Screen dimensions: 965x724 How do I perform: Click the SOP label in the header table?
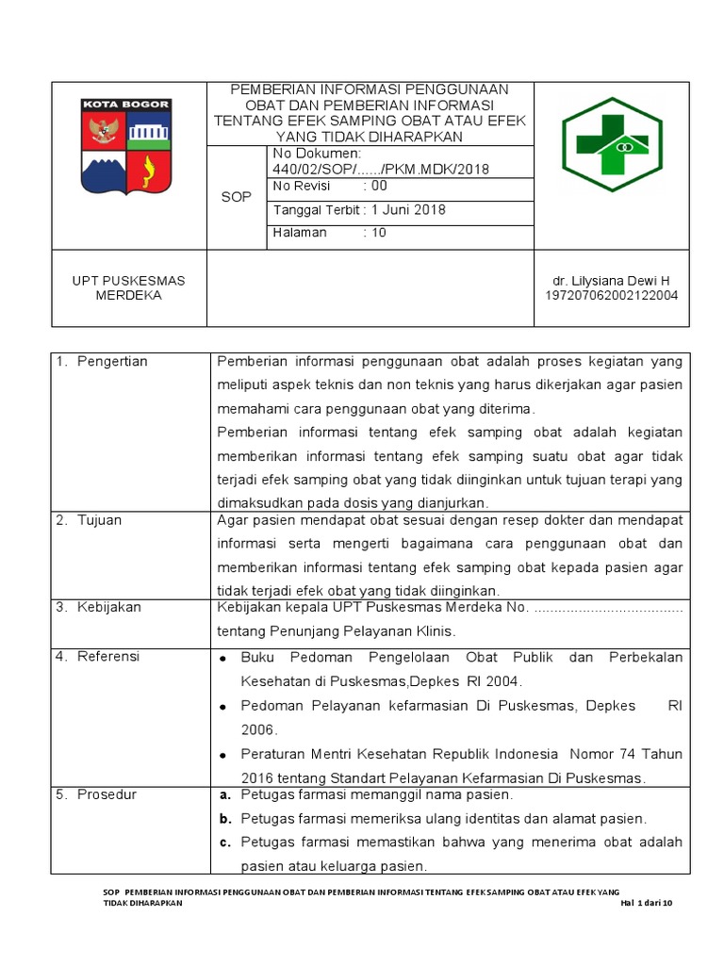click(x=236, y=197)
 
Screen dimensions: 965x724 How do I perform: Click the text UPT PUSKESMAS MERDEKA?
click(x=129, y=287)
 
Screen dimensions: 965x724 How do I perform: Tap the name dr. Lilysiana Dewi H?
click(x=611, y=281)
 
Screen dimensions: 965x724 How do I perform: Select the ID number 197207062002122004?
click(x=611, y=295)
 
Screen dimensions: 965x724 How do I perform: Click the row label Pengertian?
click(x=112, y=362)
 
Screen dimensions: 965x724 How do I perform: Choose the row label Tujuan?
click(x=100, y=520)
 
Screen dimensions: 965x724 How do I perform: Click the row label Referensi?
click(x=108, y=657)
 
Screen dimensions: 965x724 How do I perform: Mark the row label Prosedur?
click(x=107, y=794)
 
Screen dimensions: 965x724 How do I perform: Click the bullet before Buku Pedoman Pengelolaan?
click(x=223, y=658)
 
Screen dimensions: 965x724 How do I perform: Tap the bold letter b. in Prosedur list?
click(x=225, y=819)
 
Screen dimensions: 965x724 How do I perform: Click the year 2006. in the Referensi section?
click(x=257, y=729)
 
